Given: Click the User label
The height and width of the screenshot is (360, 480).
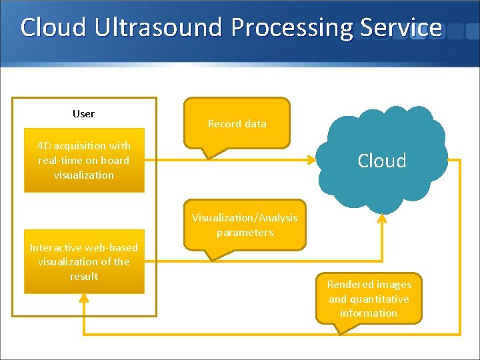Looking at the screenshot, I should tap(83, 113).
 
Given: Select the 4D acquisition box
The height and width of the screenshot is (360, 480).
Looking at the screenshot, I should tap(84, 160).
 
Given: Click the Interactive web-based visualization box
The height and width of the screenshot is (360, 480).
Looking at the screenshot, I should tap(84, 262).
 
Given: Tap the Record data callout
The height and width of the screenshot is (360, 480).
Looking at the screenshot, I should tap(237, 123).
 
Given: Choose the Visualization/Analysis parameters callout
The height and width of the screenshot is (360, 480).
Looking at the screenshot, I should tap(245, 225).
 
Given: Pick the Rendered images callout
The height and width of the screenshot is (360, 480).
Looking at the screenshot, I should tap(369, 298).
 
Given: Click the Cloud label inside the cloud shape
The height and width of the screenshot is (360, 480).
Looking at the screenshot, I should tap(381, 161).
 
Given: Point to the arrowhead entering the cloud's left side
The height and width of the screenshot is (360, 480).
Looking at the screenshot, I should tap(311, 160).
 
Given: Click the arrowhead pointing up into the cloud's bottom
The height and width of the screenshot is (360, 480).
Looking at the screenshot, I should tap(382, 218).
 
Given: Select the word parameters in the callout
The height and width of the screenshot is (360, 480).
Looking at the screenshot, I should tap(245, 232).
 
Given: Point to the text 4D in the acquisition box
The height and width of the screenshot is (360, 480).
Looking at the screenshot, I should tap(43, 145).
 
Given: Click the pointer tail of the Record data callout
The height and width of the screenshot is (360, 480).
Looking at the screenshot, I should tap(211, 153).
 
